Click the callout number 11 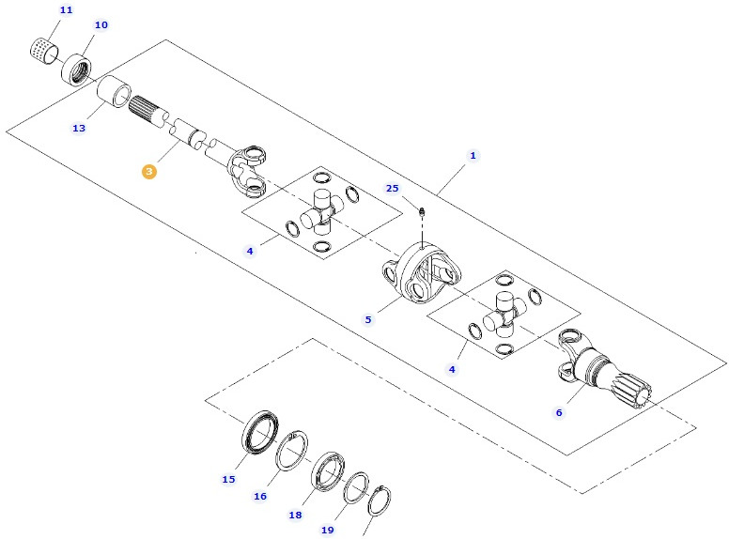[x=66, y=9]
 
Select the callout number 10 [x=101, y=24]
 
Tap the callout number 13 [x=78, y=128]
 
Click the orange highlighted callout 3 [x=148, y=172]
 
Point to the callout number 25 [x=393, y=188]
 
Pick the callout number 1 [x=473, y=155]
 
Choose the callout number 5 [x=368, y=319]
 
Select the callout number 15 [x=228, y=479]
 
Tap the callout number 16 [x=260, y=496]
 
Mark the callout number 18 [x=295, y=515]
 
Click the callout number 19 [x=327, y=530]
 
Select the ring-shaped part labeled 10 [x=77, y=68]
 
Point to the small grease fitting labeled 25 [x=422, y=211]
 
